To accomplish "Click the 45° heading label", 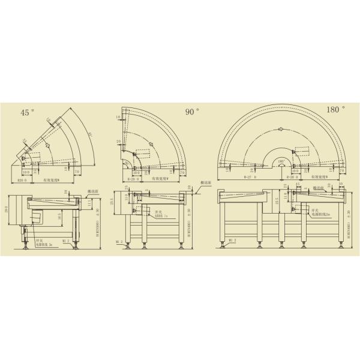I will pyautogui.click(x=28, y=112).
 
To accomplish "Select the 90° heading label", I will pyautogui.click(x=192, y=112).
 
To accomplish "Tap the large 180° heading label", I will pyautogui.click(x=335, y=110).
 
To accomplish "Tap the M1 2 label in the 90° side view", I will pyautogui.click(x=120, y=242).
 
